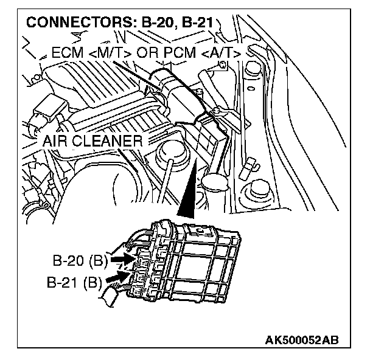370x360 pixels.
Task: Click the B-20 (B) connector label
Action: (79, 263)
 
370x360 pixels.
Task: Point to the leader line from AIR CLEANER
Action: (156, 146)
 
